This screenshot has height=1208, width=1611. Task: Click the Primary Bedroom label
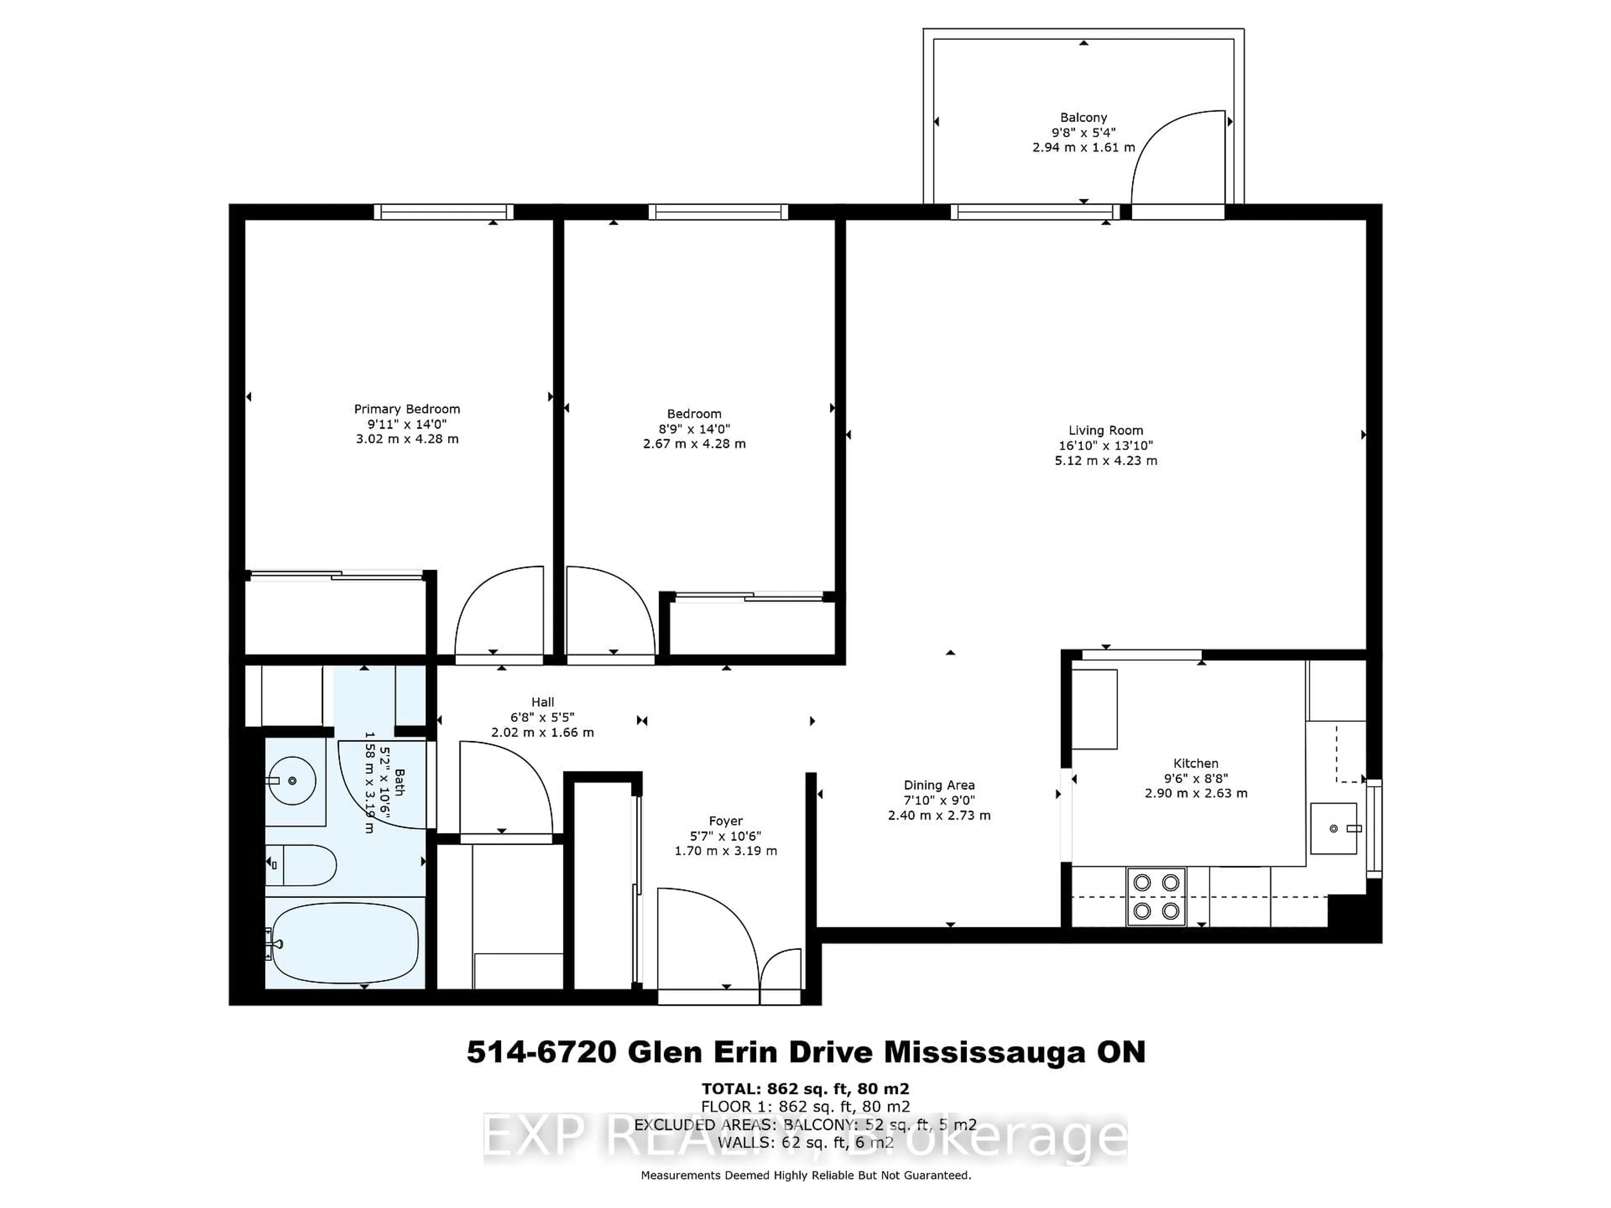point(407,409)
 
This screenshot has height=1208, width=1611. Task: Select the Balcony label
point(1083,117)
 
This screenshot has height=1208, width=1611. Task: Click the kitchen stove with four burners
point(1156,896)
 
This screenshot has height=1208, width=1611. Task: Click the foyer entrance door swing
point(706,939)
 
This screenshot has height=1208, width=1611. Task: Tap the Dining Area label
point(939,785)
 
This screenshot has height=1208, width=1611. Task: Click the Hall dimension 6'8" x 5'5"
point(542,717)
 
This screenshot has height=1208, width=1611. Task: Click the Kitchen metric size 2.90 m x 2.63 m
point(1195,793)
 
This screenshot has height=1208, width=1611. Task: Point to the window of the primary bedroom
point(443,212)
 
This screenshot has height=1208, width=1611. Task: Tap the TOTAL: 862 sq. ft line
point(805,1088)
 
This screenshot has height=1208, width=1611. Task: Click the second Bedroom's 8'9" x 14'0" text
point(694,429)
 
